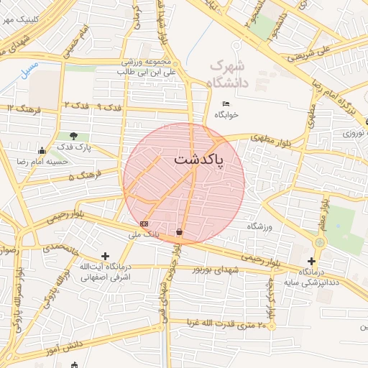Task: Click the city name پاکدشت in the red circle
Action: coord(198,159)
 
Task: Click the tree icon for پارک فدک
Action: coord(75,136)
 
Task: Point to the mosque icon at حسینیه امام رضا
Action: coord(42,150)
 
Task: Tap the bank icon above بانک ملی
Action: coord(144,224)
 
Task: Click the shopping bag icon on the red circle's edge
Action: coord(178,232)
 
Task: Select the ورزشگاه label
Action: coord(262,226)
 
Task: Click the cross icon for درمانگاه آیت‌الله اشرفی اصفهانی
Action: coord(106,256)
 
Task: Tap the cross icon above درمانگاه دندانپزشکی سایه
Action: coord(311,262)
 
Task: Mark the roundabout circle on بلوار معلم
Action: coord(320,242)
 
